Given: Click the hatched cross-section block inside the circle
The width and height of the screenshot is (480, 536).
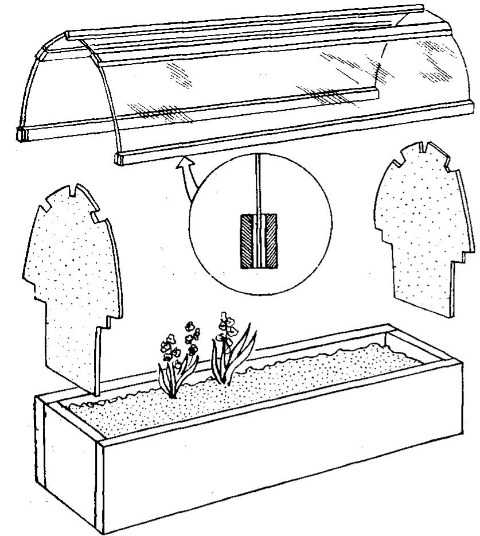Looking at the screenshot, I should pos(259,241).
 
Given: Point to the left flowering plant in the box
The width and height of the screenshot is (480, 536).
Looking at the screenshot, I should pos(175,362).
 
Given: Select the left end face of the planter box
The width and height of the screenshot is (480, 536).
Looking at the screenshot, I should pos(69,459).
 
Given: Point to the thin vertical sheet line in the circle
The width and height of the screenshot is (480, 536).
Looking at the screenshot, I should pos(259,184).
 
